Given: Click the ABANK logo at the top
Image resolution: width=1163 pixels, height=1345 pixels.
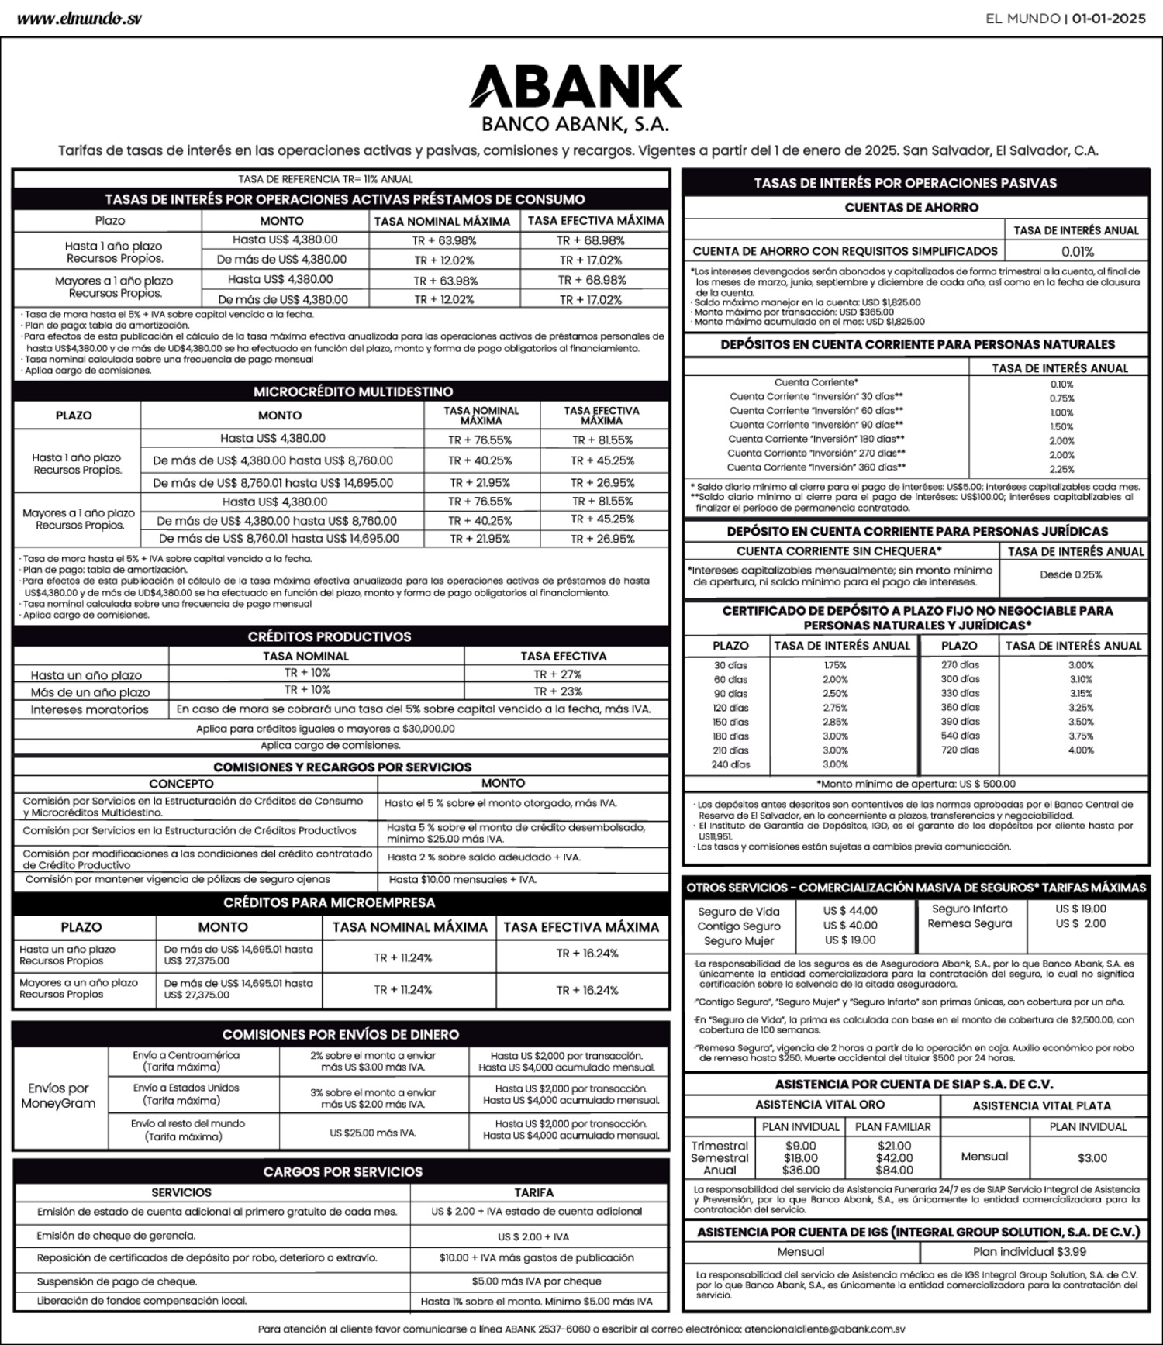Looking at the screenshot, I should coord(575,87).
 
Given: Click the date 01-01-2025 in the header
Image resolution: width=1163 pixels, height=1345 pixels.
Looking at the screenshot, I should coord(1109,19).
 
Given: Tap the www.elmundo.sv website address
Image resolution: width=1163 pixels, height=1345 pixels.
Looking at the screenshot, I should coord(79,19).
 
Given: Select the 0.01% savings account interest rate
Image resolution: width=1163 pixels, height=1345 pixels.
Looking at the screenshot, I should coord(1077,252).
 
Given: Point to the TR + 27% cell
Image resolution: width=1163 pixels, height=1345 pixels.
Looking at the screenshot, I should coord(557,674).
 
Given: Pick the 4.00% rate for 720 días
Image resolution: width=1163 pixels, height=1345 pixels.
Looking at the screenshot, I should coord(1081,750).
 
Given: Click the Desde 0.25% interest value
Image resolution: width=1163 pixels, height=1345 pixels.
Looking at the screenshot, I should coord(1071,575).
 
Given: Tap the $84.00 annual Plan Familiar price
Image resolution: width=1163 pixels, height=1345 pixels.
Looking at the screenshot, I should coord(894,1170).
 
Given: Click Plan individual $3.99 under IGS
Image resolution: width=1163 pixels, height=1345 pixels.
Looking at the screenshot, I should coord(1029,1251).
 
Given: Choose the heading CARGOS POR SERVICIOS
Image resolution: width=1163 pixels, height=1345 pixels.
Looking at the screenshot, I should coord(343,1171).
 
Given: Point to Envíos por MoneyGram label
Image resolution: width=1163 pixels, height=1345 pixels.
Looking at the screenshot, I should coord(58,1095).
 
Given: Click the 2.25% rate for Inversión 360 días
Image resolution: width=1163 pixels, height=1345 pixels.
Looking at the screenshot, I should coord(1061,469).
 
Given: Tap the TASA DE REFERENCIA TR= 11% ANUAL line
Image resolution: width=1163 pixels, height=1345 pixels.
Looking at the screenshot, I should coord(326,179).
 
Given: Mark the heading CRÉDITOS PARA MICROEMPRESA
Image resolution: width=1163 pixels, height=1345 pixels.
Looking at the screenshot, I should coord(330,902).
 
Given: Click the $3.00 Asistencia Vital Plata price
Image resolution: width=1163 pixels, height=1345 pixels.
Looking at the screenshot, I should coord(1092,1158).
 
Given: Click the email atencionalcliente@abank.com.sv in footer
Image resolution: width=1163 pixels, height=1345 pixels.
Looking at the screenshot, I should coord(824,1329).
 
